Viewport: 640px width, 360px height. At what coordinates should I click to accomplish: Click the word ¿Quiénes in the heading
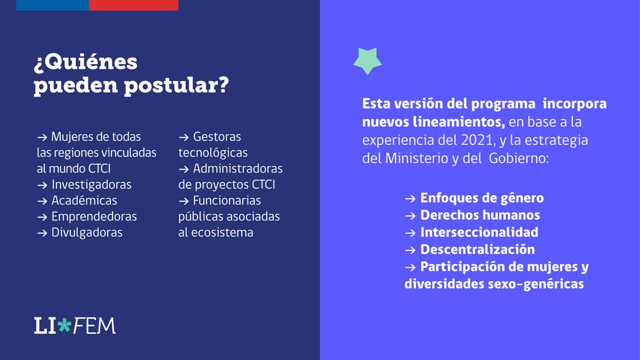pos(86,63)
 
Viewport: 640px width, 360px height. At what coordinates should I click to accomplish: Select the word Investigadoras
pos(91,185)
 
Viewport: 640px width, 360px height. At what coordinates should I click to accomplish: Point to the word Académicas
pos(84,201)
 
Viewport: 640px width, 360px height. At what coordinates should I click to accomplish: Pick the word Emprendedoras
pos(94,217)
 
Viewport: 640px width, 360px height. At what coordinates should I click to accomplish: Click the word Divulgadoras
pos(87,233)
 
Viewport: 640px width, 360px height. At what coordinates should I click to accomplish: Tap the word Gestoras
pos(217,137)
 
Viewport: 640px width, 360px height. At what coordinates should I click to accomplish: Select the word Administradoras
pos(238,169)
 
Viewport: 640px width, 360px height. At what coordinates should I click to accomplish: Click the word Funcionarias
pos(227,201)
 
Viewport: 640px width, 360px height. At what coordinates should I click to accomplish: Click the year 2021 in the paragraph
pos(463,141)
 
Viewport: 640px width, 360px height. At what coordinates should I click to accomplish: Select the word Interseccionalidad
pos(479,233)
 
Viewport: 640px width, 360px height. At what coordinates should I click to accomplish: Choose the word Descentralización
pos(477,250)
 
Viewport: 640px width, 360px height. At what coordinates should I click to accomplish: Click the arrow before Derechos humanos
pos(410,215)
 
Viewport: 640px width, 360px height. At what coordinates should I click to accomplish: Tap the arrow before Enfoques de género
pos(410,198)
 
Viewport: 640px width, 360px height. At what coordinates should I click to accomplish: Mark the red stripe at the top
pos(133,5)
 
